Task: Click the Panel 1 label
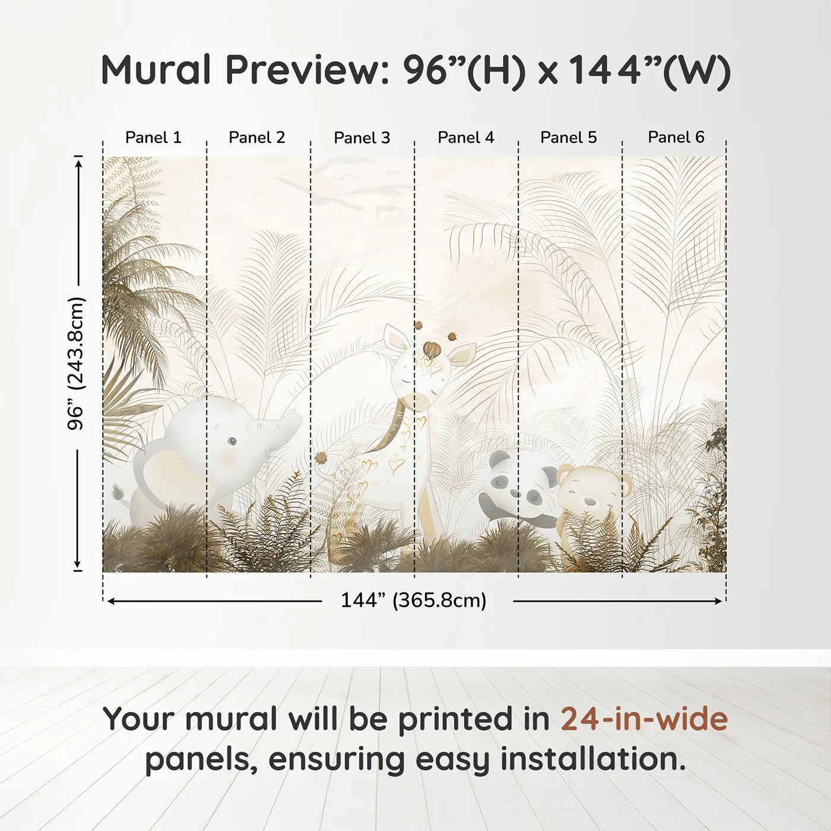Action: pyautogui.click(x=153, y=138)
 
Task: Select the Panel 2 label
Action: pyautogui.click(x=256, y=138)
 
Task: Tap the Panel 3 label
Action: pyautogui.click(x=361, y=138)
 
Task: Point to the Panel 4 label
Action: pyautogui.click(x=465, y=138)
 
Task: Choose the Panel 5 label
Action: pyautogui.click(x=568, y=138)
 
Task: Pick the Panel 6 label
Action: pyautogui.click(x=675, y=138)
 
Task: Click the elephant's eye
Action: pyautogui.click(x=231, y=441)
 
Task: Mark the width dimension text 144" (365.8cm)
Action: pyautogui.click(x=413, y=601)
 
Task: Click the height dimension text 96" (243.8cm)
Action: pyautogui.click(x=77, y=363)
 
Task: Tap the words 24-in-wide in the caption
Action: pyautogui.click(x=644, y=719)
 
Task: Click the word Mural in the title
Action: pyautogui.click(x=156, y=70)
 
